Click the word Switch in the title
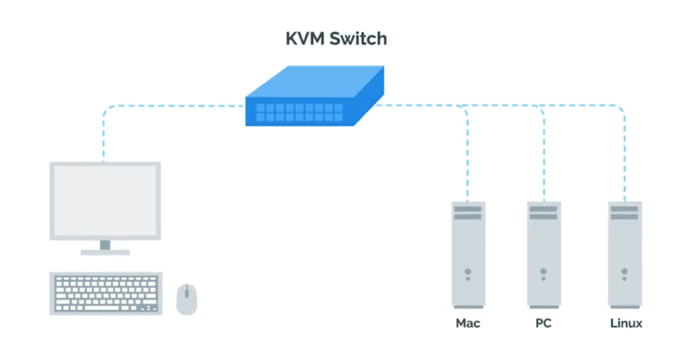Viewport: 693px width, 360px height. point(359,39)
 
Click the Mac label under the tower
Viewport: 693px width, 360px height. point(468,324)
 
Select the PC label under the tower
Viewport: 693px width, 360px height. point(544,324)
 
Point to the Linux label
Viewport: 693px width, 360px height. point(626,324)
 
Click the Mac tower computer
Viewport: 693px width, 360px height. point(468,254)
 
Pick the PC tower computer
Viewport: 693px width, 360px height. point(544,254)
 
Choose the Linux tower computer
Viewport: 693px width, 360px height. point(625,254)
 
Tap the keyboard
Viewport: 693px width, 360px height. point(106,293)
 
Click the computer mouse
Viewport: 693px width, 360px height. point(187,299)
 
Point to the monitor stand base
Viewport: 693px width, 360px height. point(105,252)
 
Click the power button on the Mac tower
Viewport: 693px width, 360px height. point(467,271)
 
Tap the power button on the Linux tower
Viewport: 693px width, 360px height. point(624,271)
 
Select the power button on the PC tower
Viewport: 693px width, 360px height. point(544,271)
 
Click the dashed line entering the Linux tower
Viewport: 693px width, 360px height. point(625,169)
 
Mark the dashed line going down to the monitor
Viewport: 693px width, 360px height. point(104,141)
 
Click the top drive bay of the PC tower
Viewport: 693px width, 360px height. point(544,209)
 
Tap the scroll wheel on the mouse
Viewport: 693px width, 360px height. point(187,292)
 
